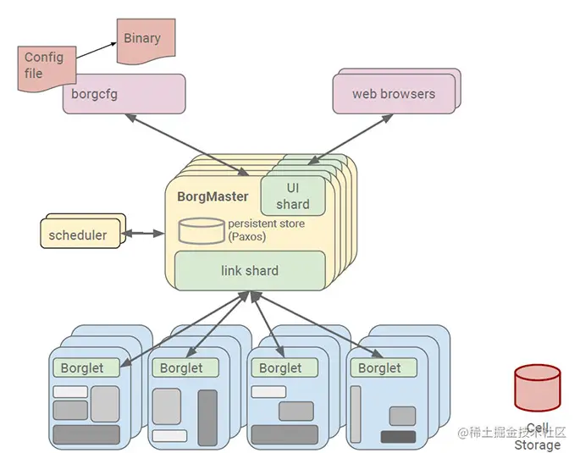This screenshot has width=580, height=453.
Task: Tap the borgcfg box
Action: [124, 94]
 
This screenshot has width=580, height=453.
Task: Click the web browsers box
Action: [393, 93]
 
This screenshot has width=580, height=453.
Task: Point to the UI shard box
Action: [292, 195]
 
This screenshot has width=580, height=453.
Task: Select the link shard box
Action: [250, 270]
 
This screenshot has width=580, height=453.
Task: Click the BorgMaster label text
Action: [213, 196]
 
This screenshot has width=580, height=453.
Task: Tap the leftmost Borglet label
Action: [82, 367]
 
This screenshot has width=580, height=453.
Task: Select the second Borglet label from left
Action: [181, 367]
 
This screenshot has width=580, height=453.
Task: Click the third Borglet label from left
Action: [280, 367]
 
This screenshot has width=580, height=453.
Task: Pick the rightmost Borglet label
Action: [379, 367]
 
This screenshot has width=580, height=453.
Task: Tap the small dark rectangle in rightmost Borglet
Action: [398, 437]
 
